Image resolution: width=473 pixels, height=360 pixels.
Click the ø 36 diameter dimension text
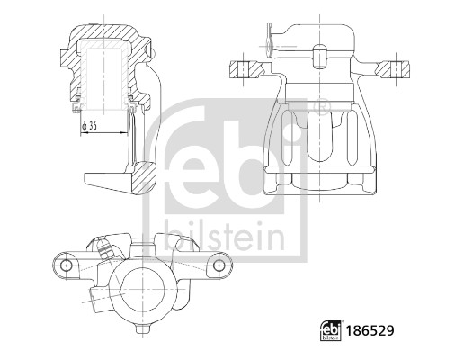[92, 125]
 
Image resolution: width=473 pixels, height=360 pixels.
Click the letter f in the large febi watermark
[184, 162]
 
